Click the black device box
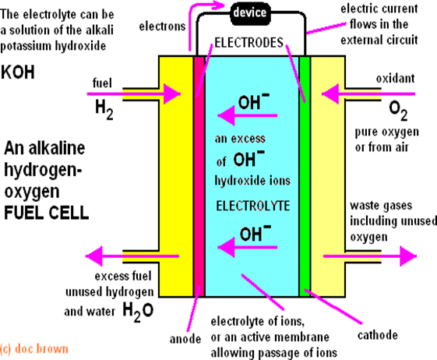pyautogui.click(x=250, y=13)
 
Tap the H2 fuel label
pyautogui.click(x=104, y=110)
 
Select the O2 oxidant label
pyautogui.click(x=398, y=111)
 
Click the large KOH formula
pyautogui.click(x=18, y=72)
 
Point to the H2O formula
pyautogui.click(x=138, y=312)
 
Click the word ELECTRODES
pyautogui.click(x=248, y=43)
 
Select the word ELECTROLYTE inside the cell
pyautogui.click(x=253, y=206)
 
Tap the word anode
pyautogui.click(x=185, y=339)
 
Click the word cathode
pyautogui.click(x=378, y=335)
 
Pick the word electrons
pyautogui.click(x=162, y=26)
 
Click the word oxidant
pyautogui.click(x=395, y=79)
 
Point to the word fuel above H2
pyautogui.click(x=102, y=83)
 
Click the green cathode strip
pyautogui.click(x=305, y=176)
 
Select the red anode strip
pyautogui.click(x=199, y=176)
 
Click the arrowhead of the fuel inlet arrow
pyautogui.click(x=171, y=94)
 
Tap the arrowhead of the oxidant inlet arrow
pyautogui.click(x=330, y=94)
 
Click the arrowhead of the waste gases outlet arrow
pyautogui.click(x=408, y=256)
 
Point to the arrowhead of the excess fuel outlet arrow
pyautogui.click(x=94, y=256)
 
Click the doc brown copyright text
pyautogui.click(x=34, y=349)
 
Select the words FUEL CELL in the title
pyautogui.click(x=46, y=213)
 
